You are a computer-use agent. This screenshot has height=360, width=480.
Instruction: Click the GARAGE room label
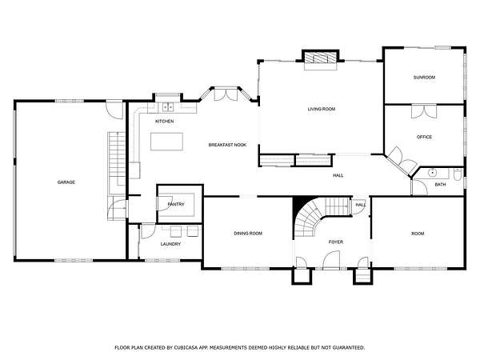coord(66,182)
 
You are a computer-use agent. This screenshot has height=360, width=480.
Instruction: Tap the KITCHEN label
coord(164,122)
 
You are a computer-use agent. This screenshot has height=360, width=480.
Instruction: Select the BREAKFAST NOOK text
coord(227,145)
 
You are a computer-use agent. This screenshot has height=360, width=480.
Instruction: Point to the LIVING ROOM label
coord(322,109)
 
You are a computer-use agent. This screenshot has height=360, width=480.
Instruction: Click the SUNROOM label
coord(424,78)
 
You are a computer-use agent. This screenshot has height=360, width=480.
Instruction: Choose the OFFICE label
coord(424,137)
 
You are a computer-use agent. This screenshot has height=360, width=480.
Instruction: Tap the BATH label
coord(440,185)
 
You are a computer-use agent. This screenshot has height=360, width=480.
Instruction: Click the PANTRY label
coord(176,204)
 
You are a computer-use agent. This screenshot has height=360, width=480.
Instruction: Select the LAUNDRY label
coord(170,244)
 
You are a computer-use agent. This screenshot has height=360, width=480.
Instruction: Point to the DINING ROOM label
coord(248,234)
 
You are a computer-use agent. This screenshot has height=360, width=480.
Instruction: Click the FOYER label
coord(336,242)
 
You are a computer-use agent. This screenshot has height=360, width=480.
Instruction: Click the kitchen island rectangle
coord(166,142)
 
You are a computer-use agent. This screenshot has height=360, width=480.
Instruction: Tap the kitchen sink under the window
coord(167,107)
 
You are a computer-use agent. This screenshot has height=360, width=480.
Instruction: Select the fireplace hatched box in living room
coord(321,58)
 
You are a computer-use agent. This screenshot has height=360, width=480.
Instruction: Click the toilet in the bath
coord(458,174)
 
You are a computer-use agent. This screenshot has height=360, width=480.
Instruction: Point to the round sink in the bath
coord(432,173)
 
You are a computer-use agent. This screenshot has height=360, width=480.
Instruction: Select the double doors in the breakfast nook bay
coord(226,94)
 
